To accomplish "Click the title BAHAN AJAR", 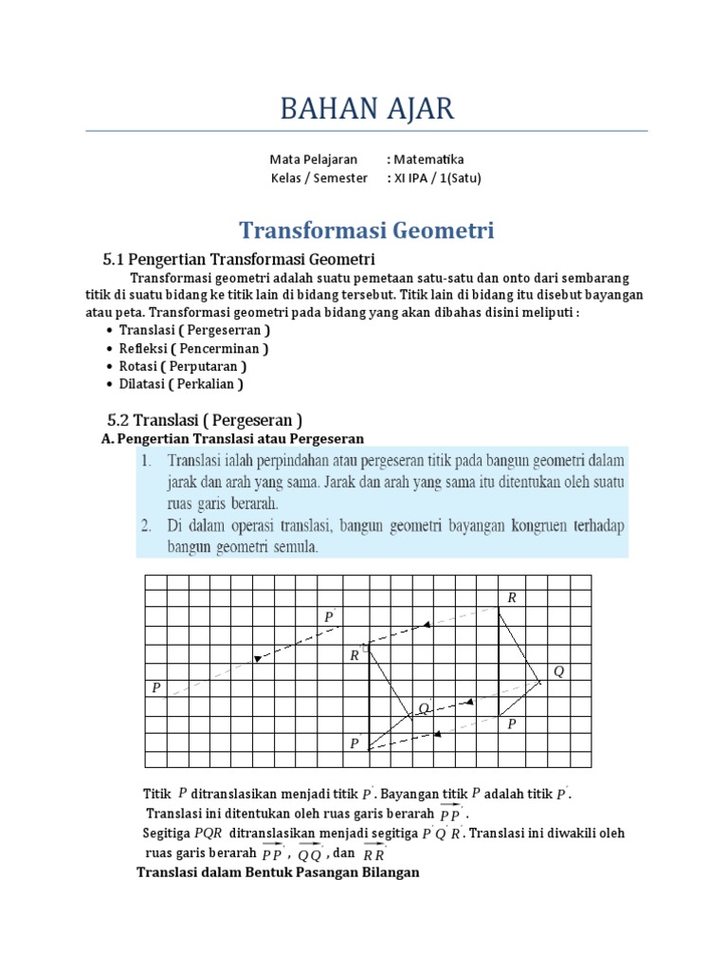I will click(366, 109).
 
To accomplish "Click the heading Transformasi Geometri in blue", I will click(366, 230).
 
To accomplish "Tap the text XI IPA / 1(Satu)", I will click(434, 177).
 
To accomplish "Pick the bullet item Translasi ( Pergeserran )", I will click(194, 330).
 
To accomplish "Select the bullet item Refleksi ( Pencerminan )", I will click(193, 348).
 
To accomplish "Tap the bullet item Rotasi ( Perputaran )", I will click(183, 366).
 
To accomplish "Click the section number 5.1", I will click(114, 259).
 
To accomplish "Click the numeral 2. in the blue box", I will click(147, 525).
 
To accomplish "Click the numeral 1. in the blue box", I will click(147, 460).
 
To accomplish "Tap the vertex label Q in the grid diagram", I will click(558, 671).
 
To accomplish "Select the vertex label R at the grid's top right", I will click(512, 597).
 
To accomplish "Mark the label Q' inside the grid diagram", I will click(425, 708).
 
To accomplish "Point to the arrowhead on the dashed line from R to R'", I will click(428, 624).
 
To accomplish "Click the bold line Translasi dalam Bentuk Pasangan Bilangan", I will click(278, 872).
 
